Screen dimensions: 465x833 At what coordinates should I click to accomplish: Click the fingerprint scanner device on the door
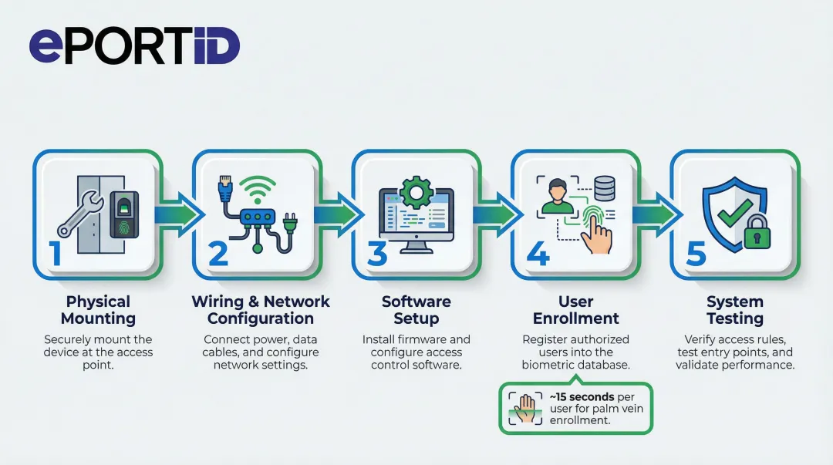point(124,213)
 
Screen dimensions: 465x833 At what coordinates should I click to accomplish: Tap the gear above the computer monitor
point(416,190)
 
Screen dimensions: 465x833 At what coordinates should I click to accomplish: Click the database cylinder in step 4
point(604,187)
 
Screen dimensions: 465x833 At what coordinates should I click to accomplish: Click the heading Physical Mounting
point(98,310)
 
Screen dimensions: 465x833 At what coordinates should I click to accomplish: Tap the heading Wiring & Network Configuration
point(261,310)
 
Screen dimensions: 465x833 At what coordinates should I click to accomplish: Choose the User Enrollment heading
point(575,310)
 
